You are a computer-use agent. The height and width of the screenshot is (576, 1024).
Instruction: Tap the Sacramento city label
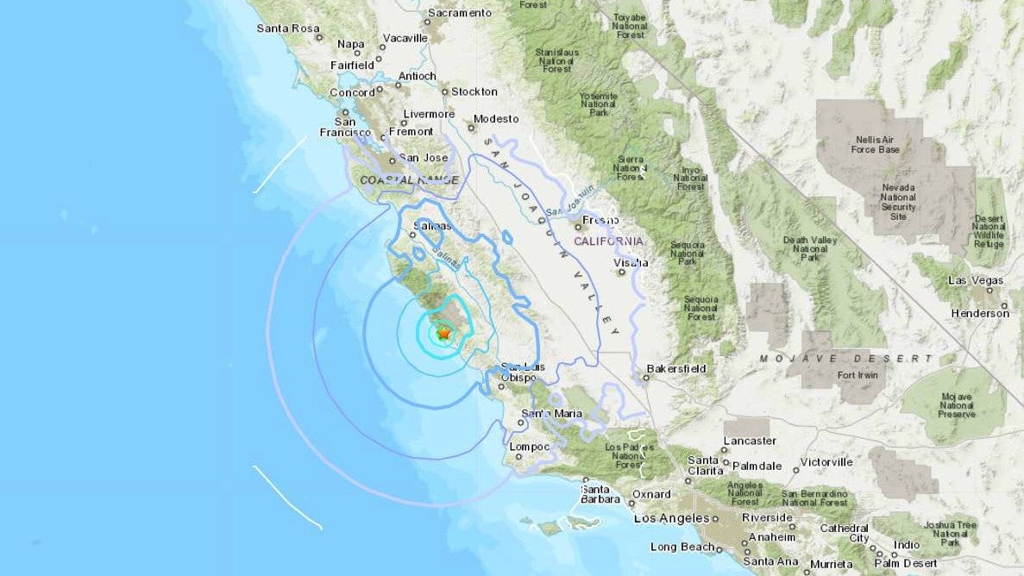[x=460, y=13]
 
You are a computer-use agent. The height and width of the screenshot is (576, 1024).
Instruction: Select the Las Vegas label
[x=976, y=281]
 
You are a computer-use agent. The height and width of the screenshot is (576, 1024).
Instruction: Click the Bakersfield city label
[x=676, y=369]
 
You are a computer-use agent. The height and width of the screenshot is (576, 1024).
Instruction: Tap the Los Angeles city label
[x=671, y=518]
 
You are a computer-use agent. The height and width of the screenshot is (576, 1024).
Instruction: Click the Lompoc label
[x=530, y=447]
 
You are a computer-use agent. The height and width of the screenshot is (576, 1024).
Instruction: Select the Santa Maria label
[x=551, y=414]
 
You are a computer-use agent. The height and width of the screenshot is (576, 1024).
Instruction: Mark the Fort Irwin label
[x=858, y=375]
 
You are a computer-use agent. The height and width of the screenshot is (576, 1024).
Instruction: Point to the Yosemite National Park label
[x=598, y=103]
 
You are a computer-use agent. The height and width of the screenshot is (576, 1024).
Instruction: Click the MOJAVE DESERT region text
[x=846, y=358]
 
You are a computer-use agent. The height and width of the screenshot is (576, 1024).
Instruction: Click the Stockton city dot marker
[x=445, y=91]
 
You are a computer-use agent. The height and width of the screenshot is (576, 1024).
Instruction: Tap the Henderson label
[x=979, y=314]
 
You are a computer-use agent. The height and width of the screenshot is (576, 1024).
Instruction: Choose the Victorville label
[x=826, y=463]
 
